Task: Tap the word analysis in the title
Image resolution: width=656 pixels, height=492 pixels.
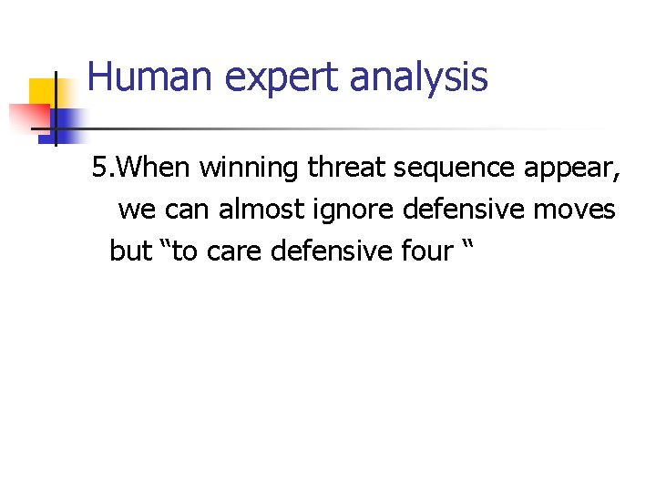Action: pyautogui.click(x=418, y=78)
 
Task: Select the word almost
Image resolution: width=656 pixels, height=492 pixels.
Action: pyautogui.click(x=268, y=210)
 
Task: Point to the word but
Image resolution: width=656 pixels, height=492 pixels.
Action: pyautogui.click(x=129, y=251)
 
